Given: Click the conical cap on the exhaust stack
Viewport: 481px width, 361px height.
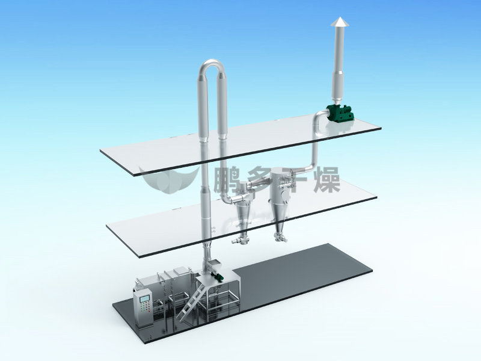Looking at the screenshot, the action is pos(339,22).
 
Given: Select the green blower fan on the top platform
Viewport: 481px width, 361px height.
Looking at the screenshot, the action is pos(340,113).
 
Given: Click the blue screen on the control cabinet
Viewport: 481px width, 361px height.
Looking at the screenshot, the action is pos(144,298).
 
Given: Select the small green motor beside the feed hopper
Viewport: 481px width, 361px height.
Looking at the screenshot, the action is pos(218,276).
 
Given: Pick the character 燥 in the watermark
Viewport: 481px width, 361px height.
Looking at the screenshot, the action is pos(326,180).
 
